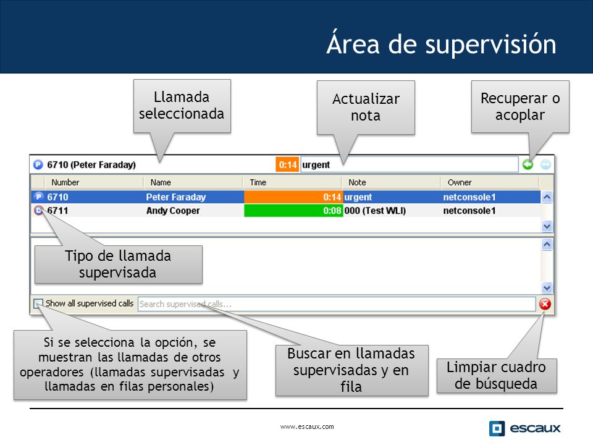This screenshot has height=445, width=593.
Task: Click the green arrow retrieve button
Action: [x=528, y=164]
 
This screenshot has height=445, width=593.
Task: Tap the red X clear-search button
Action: [x=545, y=304]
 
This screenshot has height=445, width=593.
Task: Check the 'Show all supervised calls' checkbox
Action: [x=38, y=303]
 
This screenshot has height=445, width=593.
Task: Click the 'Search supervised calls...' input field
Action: [x=337, y=304]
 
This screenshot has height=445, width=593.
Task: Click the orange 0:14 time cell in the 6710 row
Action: [x=293, y=197]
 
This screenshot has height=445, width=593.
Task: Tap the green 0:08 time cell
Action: [x=293, y=210]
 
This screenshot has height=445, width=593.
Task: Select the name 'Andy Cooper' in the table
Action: [x=173, y=210]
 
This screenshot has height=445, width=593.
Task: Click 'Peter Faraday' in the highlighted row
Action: [x=176, y=197]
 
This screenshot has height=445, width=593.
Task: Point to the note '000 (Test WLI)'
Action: [x=375, y=210]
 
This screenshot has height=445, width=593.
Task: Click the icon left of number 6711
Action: [x=38, y=210]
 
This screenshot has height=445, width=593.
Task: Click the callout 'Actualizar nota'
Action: [x=366, y=108]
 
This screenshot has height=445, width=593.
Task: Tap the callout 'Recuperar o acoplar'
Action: [x=520, y=107]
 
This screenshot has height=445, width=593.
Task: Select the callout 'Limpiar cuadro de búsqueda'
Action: [x=497, y=375]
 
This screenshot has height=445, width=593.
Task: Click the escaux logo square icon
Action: [x=497, y=428]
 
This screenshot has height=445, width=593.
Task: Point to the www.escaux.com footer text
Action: [x=307, y=426]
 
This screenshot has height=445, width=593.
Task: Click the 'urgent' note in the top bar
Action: [x=316, y=164]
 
